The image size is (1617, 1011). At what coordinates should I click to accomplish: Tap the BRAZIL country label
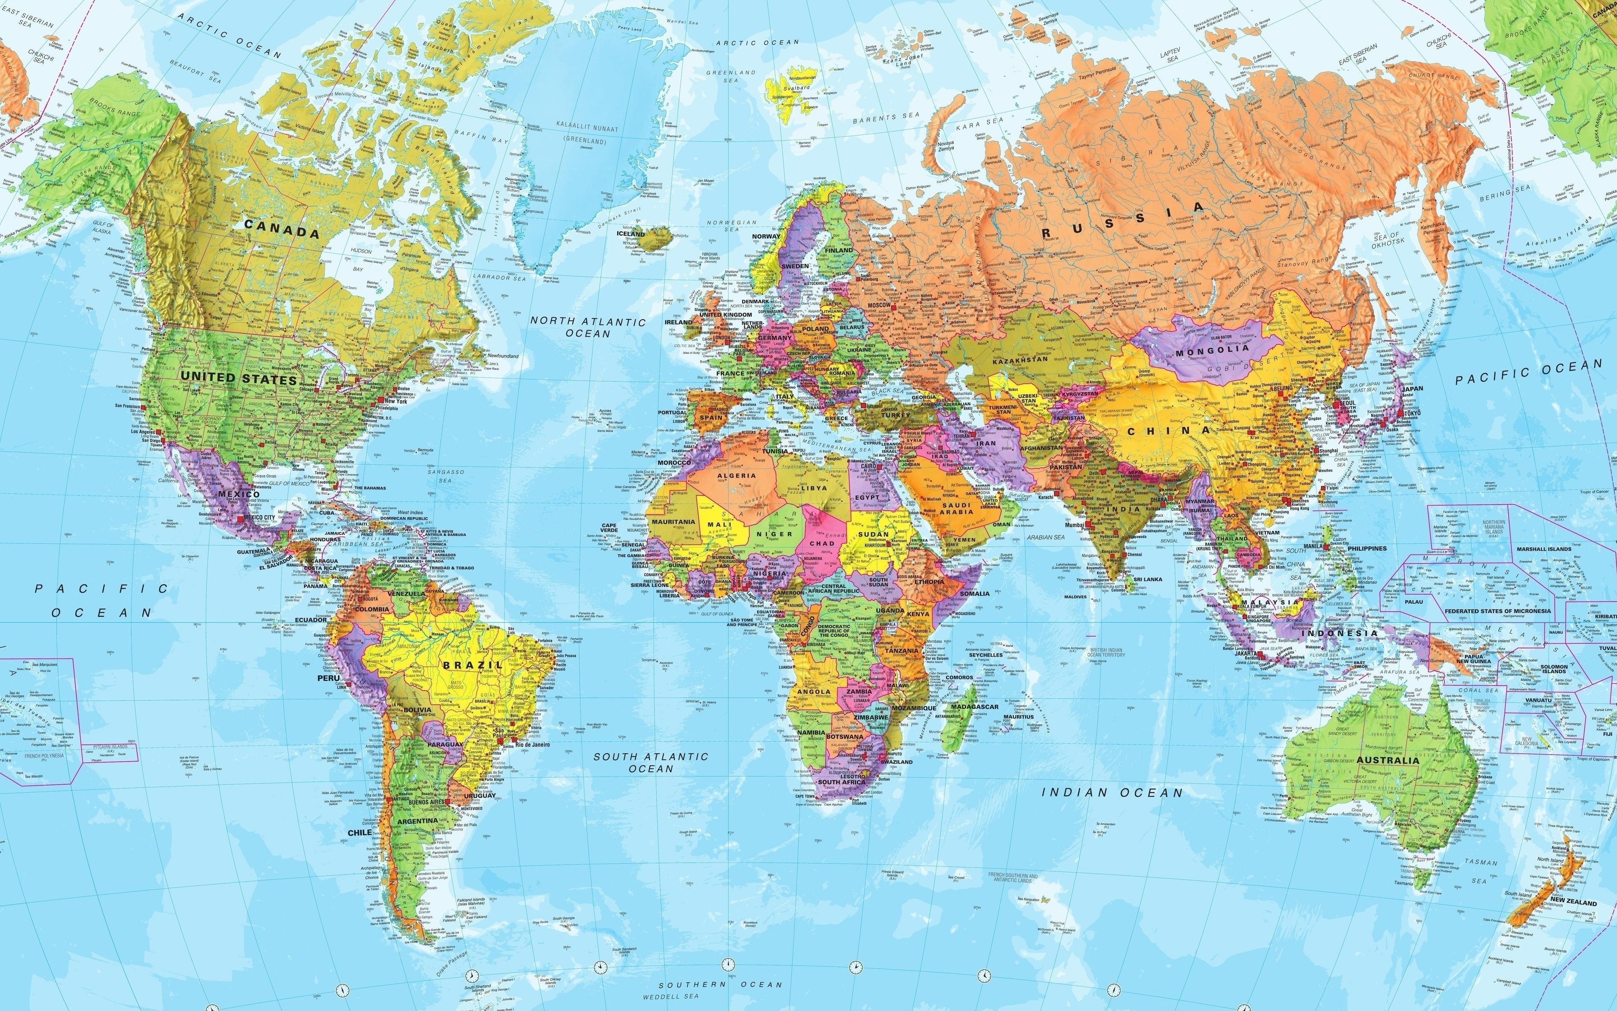pyautogui.click(x=473, y=665)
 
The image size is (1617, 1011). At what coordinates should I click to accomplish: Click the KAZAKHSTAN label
pyautogui.click(x=1019, y=360)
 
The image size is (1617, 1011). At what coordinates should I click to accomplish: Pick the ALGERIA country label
pyautogui.click(x=736, y=476)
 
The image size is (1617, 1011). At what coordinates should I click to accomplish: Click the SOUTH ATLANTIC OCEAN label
pyautogui.click(x=651, y=762)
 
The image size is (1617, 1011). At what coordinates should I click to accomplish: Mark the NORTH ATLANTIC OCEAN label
pyautogui.click(x=588, y=327)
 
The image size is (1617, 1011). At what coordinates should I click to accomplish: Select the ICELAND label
pyautogui.click(x=631, y=234)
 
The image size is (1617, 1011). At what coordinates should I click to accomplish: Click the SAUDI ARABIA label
pyautogui.click(x=957, y=507)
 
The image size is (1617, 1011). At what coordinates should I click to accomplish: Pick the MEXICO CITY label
pyautogui.click(x=260, y=518)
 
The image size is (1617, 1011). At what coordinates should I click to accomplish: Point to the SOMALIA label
pyautogui.click(x=974, y=593)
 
